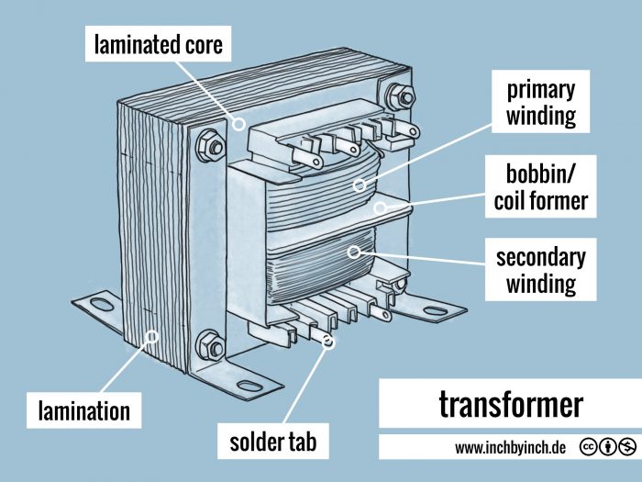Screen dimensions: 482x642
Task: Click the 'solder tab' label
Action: pos(272,443)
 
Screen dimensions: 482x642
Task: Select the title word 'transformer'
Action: pos(510,404)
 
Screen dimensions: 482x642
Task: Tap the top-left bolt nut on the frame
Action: pos(208,144)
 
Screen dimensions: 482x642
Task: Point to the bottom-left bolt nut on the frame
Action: pos(209,342)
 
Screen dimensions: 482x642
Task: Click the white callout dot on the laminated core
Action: pos(239,124)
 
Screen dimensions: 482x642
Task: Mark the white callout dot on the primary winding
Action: pos(361,185)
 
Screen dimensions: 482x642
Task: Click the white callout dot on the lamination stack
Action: pos(153,336)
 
